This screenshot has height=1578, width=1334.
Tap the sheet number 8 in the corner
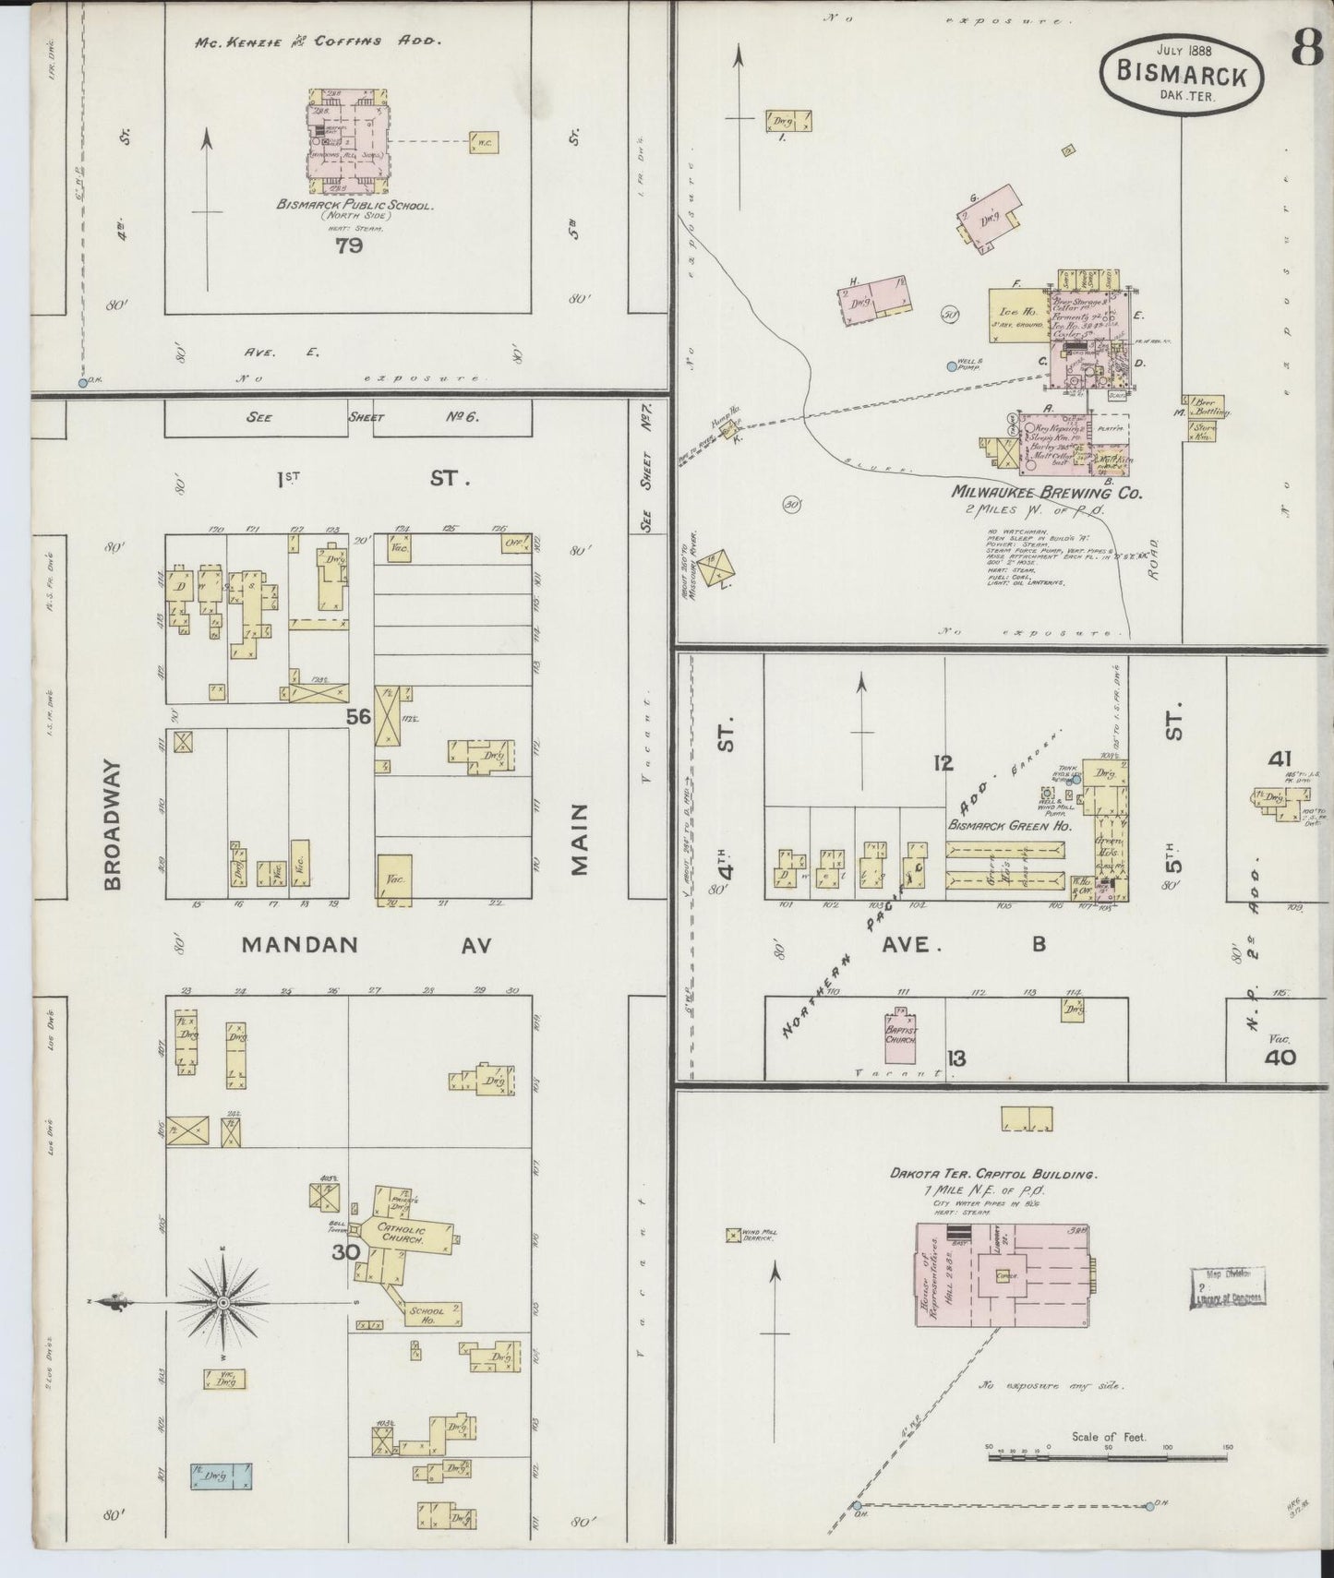click(x=1307, y=50)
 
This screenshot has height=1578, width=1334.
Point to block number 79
click(x=349, y=246)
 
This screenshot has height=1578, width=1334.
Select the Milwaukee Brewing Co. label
click(x=1047, y=494)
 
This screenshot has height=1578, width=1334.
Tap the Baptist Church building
click(x=901, y=1034)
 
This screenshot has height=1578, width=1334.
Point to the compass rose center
click(x=222, y=1302)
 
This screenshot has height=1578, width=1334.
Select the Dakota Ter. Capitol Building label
click(x=992, y=1175)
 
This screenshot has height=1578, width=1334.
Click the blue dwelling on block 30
click(x=222, y=1476)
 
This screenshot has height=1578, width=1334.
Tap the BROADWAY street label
click(x=113, y=824)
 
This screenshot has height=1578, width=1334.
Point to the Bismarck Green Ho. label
click(x=1009, y=825)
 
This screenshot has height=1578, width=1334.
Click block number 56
click(x=359, y=715)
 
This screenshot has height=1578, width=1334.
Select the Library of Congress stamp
click(x=1231, y=1286)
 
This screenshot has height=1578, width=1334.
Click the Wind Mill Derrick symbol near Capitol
click(x=734, y=1234)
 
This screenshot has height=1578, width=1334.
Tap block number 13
click(x=956, y=1058)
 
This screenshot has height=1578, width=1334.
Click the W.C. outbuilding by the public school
click(x=485, y=142)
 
